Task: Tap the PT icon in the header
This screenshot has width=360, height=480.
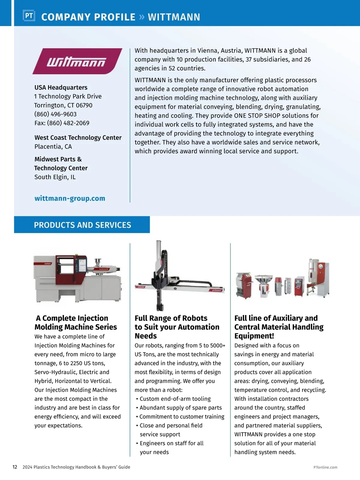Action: (29, 16)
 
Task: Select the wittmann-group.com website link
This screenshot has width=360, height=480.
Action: (70, 198)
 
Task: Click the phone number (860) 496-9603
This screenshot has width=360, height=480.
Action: (55, 114)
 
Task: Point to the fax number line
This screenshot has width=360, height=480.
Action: (62, 123)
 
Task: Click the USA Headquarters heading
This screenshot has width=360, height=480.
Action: (61, 87)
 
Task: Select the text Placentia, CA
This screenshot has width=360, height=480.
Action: (53, 146)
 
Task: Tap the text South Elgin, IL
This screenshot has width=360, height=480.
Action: (55, 177)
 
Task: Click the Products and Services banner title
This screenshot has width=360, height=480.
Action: (82, 225)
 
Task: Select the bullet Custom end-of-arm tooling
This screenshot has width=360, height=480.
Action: (175, 399)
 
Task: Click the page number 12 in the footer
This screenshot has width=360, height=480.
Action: (15, 467)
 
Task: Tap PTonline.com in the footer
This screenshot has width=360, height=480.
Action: (325, 467)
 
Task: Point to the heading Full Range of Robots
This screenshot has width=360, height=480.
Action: (171, 318)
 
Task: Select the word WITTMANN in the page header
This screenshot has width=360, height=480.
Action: (174, 17)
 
